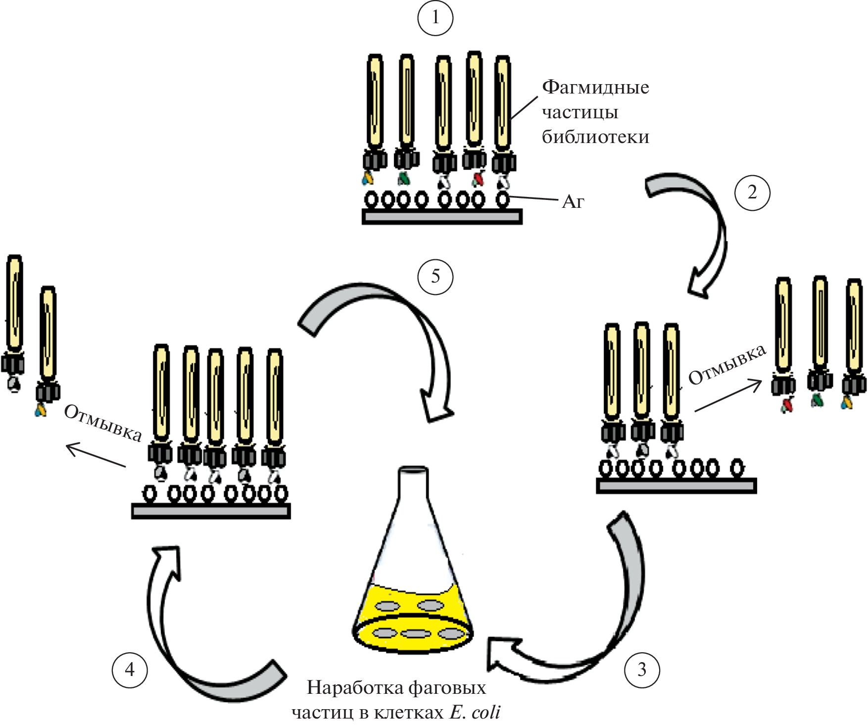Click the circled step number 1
[x=435, y=18]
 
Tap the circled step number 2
[x=752, y=193]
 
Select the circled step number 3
[x=642, y=670]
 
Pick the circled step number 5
[x=435, y=276]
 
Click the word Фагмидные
[x=595, y=87]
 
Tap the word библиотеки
[x=595, y=137]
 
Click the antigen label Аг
[x=573, y=201]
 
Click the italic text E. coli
[x=475, y=712]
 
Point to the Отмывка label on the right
[x=727, y=365]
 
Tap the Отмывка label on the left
[x=103, y=423]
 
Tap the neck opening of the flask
[x=414, y=469]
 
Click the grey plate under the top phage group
[x=442, y=217]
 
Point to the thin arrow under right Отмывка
[x=728, y=395]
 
